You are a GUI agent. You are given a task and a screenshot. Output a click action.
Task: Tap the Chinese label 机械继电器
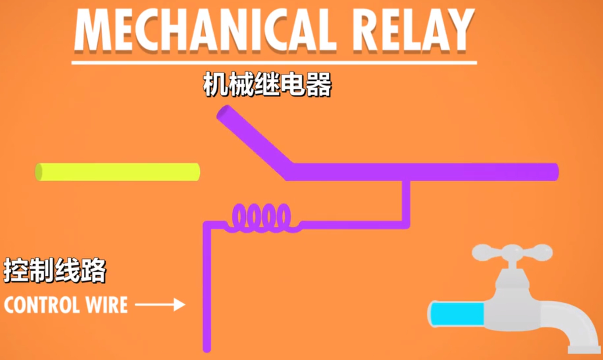coord(267,85)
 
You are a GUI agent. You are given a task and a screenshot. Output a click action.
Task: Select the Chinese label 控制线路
coord(54,270)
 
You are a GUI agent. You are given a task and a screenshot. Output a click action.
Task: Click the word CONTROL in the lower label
coord(44,305)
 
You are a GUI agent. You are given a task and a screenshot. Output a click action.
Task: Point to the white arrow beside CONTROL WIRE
coord(160,304)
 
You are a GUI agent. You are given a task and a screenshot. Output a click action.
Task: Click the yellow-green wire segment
coord(118,172)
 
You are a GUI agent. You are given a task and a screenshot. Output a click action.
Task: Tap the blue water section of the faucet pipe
coord(456,313)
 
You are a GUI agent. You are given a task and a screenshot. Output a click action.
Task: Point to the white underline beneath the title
coord(274,63)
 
